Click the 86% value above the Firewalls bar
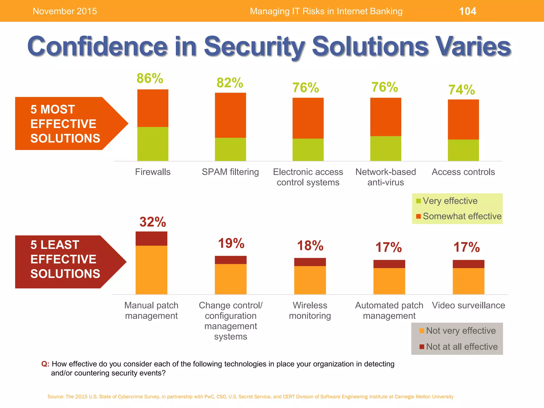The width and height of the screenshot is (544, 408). (150, 78)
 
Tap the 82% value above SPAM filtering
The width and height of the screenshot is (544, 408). (230, 83)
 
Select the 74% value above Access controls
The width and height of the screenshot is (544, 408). (462, 90)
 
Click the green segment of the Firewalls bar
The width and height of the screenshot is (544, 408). (153, 144)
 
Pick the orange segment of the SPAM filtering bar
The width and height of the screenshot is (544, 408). (230, 115)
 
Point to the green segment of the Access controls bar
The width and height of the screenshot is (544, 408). (463, 150)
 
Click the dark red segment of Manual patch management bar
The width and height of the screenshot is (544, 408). (151, 239)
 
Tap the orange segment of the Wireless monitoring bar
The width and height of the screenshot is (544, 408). (310, 280)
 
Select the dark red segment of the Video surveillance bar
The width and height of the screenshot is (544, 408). (469, 264)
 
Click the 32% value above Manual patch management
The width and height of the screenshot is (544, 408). (153, 222)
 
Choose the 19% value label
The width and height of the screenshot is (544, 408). (231, 243)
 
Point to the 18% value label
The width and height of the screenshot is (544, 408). (310, 246)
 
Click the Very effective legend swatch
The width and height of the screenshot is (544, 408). (419, 201)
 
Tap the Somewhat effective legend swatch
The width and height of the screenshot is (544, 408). (419, 216)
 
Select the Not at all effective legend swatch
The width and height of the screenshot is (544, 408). (422, 347)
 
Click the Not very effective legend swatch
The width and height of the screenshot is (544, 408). (422, 331)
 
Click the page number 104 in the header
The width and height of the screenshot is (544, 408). (467, 11)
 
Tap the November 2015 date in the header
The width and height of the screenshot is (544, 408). (65, 11)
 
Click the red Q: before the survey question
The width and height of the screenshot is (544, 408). (45, 364)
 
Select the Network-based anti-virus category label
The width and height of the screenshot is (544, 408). (386, 177)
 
